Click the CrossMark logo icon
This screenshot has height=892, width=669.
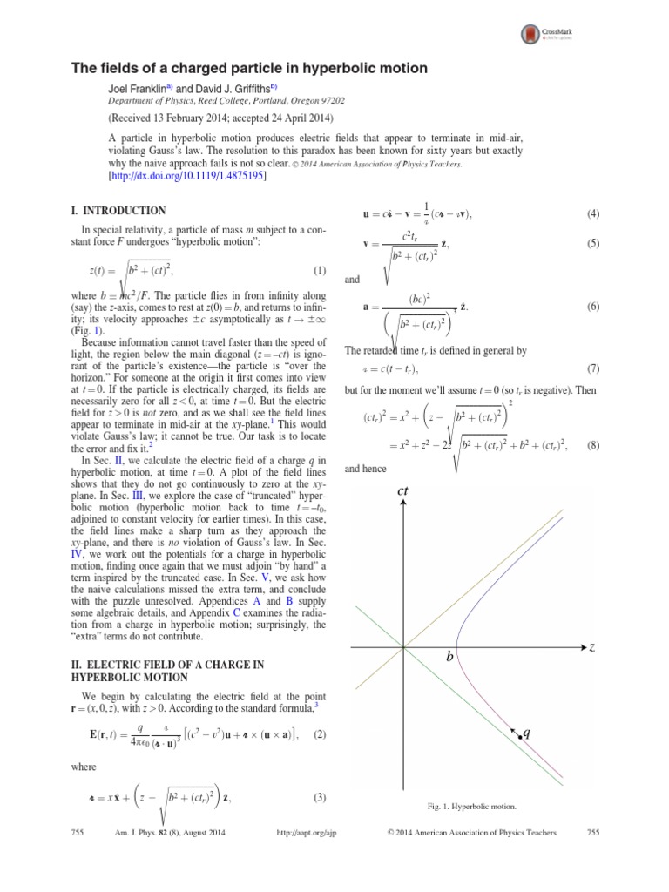click(530, 34)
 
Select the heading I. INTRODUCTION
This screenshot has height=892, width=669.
click(118, 211)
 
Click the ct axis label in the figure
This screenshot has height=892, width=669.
click(403, 493)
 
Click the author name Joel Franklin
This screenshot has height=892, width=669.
click(140, 88)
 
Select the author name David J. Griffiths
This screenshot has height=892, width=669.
click(237, 88)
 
